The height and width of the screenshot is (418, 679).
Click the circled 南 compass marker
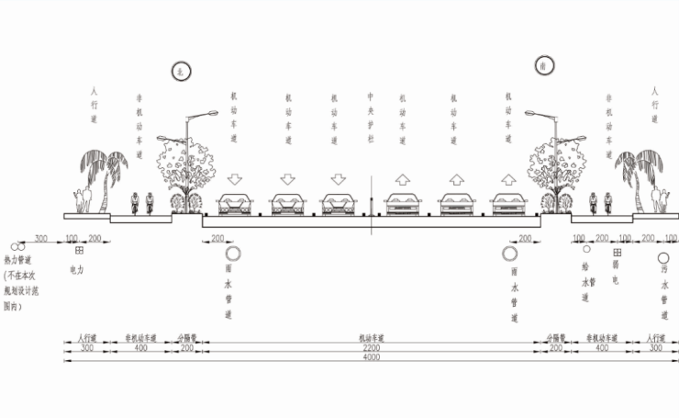coord(541,66)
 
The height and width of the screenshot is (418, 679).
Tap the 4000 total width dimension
coord(370,357)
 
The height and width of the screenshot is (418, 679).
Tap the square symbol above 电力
coord(79,251)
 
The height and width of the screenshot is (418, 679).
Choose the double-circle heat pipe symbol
coord(17,246)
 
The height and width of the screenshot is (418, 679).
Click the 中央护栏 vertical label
coord(370,115)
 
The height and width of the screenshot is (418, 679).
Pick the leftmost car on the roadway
coord(234,205)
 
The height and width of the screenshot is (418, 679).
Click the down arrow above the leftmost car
coord(234,178)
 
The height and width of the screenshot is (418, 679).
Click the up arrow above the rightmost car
coord(507,178)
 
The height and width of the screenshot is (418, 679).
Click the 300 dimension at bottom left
coord(86,348)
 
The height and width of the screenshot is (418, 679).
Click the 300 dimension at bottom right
coord(654,348)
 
